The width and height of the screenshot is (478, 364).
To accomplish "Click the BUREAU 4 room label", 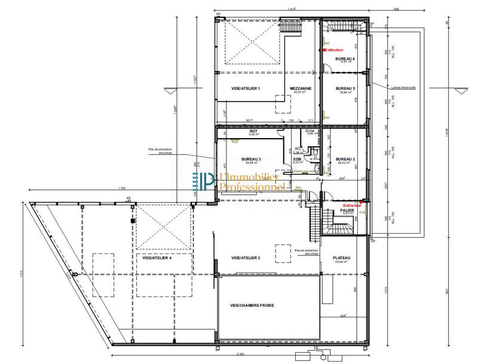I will [345, 59].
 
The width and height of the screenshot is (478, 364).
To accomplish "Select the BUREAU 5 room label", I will [345, 89].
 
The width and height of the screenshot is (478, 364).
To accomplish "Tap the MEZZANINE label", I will [300, 88].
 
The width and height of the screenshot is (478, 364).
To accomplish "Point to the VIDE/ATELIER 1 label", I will [246, 88].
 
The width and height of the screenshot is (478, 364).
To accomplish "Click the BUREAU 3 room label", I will [252, 159].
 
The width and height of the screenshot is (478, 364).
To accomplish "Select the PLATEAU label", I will [342, 258].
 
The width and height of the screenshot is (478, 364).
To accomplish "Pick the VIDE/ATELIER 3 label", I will [246, 258].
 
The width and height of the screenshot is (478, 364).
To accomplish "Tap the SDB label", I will [296, 158].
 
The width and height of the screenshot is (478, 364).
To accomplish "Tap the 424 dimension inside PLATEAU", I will [343, 316].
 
